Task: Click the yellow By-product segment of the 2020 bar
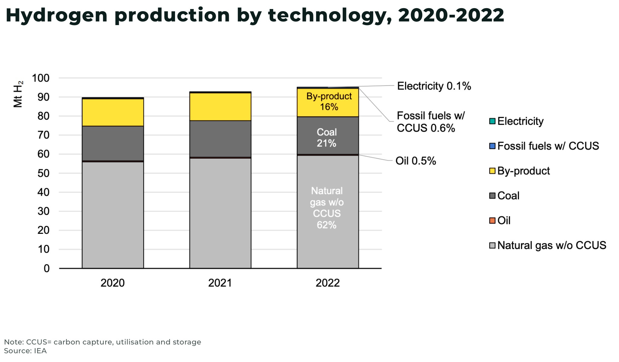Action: (113, 112)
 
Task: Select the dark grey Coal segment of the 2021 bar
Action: (220, 139)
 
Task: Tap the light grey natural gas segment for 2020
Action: (113, 215)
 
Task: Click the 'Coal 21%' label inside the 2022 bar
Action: (326, 137)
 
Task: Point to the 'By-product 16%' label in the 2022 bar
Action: (329, 102)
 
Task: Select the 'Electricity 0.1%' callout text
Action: (434, 86)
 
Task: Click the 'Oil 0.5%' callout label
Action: (416, 161)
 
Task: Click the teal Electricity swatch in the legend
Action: (492, 121)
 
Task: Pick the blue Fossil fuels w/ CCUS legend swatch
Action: (492, 146)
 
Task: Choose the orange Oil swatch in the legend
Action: (492, 221)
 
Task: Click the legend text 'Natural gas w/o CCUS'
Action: (552, 245)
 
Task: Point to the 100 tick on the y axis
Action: (41, 78)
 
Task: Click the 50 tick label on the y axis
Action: (43, 173)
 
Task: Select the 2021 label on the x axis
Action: (220, 283)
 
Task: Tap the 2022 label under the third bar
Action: (328, 283)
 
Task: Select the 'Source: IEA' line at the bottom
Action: (25, 351)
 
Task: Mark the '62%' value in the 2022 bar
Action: (326, 225)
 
